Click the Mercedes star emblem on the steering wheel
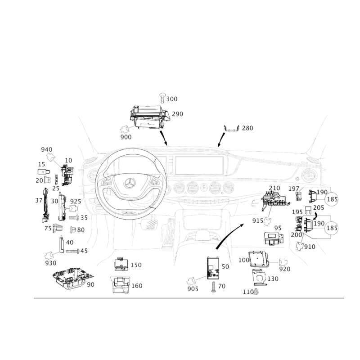coord(130,183)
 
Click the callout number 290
coord(177,114)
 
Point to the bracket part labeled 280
coord(231,129)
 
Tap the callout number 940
coord(47,150)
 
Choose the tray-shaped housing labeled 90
coord(72,278)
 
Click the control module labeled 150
coord(121,265)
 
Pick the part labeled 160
coord(120,285)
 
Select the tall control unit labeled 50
coord(213,268)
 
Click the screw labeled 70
coord(213,287)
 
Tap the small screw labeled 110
coord(256,292)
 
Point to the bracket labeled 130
coord(260,277)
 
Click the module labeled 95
coord(274,239)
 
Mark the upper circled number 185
coord(332,199)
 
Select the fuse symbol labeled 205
coord(308,210)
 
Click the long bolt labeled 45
coord(72,251)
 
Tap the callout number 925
coord(76,201)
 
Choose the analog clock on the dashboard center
coord(203,188)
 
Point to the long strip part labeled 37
coord(46,205)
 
